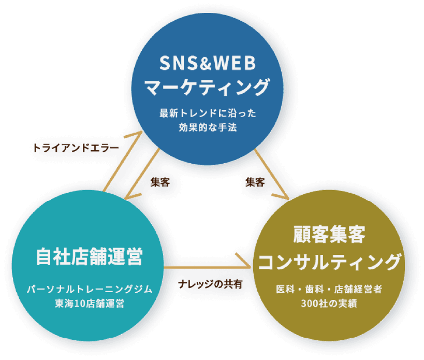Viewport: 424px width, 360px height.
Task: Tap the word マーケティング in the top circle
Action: [207, 87]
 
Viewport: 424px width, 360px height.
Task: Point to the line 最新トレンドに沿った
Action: [207, 112]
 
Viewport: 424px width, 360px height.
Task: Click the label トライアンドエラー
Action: [75, 147]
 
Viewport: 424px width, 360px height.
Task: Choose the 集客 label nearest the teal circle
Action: [160, 182]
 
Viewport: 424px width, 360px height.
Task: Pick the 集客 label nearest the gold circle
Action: [255, 182]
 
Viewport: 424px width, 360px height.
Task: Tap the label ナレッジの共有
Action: [210, 284]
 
